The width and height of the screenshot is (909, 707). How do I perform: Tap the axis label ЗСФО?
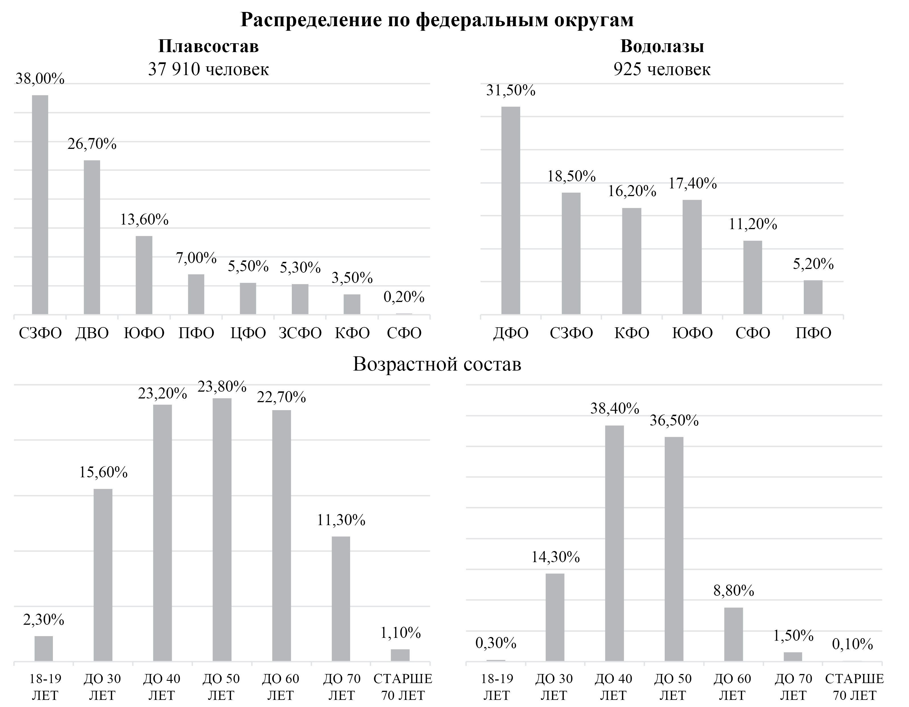coord(300,333)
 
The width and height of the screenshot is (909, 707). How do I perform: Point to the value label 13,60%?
coord(144,219)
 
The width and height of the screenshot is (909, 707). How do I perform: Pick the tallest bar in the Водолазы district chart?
coord(511,210)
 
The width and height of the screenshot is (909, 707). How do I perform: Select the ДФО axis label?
coord(511,333)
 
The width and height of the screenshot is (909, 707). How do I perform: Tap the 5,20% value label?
coord(813,264)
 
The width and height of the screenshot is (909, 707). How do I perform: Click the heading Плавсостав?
coord(208,46)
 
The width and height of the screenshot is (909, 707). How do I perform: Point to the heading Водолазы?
coord(662,46)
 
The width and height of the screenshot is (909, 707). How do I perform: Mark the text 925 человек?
coord(662,69)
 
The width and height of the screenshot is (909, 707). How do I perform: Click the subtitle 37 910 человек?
coord(208,69)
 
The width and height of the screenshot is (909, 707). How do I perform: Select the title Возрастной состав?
coord(437,364)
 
